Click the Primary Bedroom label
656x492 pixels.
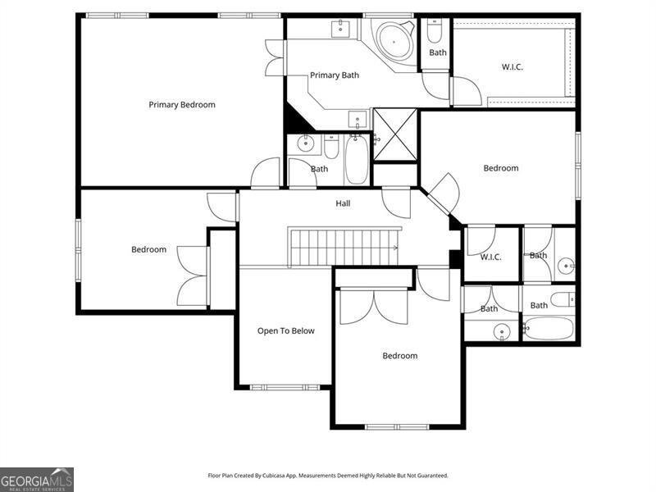[x=181, y=104]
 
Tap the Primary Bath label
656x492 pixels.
[x=334, y=75]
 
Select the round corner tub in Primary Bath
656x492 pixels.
[x=394, y=39]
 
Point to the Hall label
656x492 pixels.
[x=343, y=203]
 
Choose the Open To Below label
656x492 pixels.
[x=285, y=331]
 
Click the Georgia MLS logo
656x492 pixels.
[x=37, y=479]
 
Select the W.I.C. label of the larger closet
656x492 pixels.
[x=513, y=66]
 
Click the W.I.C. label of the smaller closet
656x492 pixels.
[x=490, y=257]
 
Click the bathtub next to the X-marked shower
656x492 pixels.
[x=357, y=160]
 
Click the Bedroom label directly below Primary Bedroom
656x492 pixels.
[x=148, y=249]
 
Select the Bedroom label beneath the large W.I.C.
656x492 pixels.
[x=500, y=168]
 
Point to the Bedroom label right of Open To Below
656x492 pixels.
[x=399, y=356]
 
